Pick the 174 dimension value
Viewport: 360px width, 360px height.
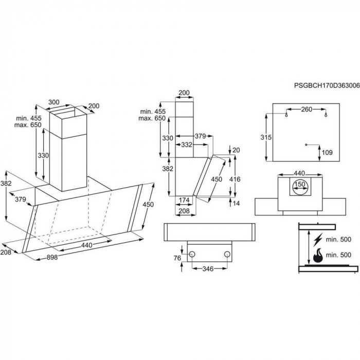184,200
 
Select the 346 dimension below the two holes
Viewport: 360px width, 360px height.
208,268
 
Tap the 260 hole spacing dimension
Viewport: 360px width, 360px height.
307,109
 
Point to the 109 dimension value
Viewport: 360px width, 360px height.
328,152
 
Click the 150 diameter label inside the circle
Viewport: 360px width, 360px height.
299,184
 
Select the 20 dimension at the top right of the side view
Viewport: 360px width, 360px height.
236,150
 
